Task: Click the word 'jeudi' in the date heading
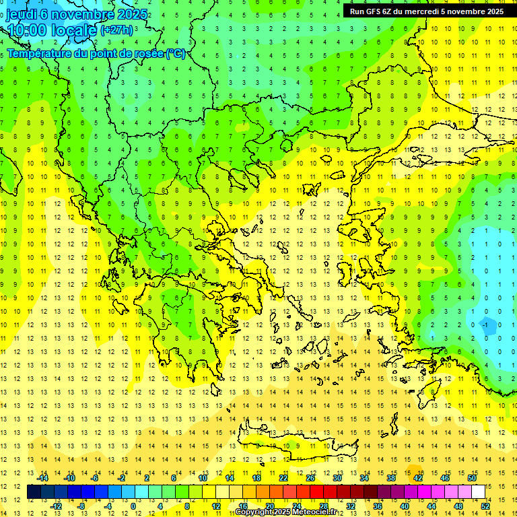[x=22, y=14]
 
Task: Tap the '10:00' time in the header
[x=27, y=31]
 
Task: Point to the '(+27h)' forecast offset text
[x=115, y=30]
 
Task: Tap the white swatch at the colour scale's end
[x=478, y=491]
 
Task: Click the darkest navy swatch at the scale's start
[x=34, y=491]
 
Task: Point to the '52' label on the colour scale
[x=485, y=506]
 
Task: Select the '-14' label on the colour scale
[x=44, y=477]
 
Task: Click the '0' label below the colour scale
[x=133, y=506]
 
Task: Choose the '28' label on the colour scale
[x=323, y=506]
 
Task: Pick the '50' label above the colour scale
[x=471, y=477]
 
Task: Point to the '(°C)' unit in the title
[x=176, y=54]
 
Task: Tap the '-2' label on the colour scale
[x=121, y=477]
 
